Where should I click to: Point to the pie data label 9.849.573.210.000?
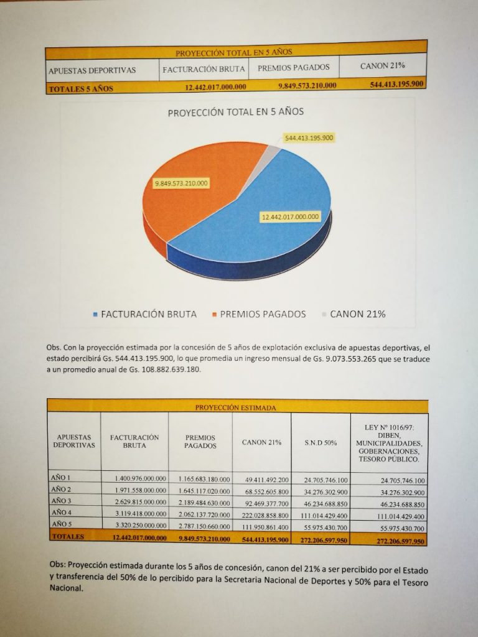182,183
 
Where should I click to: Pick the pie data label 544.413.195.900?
309,137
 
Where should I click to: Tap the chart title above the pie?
236,113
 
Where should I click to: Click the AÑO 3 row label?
61,501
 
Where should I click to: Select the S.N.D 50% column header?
321,442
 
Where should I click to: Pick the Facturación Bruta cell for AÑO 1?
141,478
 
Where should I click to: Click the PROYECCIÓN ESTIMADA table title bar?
236,407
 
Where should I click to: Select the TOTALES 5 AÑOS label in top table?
81,88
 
